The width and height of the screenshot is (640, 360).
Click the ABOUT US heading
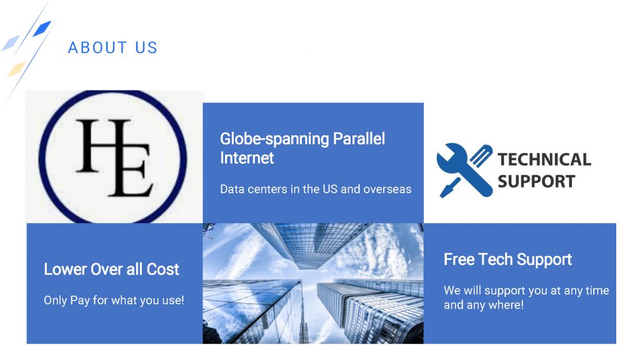click(x=112, y=47)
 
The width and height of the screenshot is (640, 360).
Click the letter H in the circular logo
click(x=102, y=145)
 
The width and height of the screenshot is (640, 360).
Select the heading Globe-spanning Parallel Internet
click(x=302, y=148)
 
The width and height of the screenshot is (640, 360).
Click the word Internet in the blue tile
click(x=247, y=158)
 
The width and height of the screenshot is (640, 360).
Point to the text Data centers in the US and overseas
click(x=316, y=189)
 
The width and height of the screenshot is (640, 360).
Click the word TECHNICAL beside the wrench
click(x=544, y=159)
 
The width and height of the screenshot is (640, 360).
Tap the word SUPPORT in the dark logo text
click(x=536, y=181)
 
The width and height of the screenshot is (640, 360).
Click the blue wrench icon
click(x=461, y=169)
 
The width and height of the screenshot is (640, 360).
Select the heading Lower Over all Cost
click(x=111, y=269)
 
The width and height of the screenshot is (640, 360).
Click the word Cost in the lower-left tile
click(x=163, y=269)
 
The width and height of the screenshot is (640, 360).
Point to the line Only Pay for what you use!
click(x=114, y=301)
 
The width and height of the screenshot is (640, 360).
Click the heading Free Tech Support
click(x=507, y=259)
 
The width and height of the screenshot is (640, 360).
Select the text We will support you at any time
click(x=526, y=291)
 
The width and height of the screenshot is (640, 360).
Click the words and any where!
click(x=484, y=305)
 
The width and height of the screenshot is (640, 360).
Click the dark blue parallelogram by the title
click(x=42, y=28)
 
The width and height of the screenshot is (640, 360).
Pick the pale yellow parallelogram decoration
click(x=16, y=69)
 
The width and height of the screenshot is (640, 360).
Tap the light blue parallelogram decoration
click(x=11, y=43)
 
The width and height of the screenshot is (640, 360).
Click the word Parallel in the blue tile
click(x=359, y=139)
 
